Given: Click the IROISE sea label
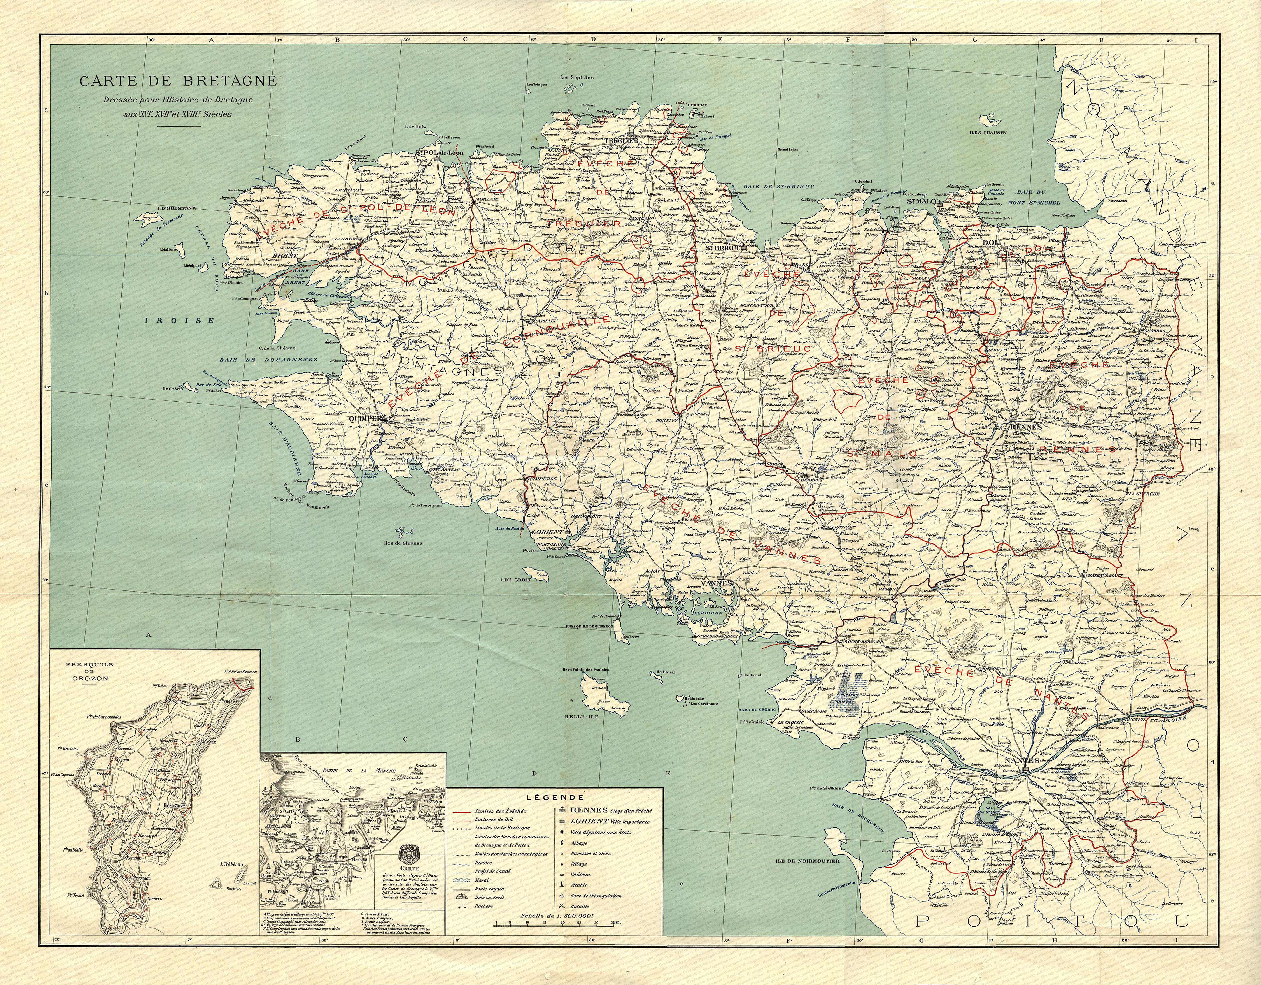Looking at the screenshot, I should (180, 320).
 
